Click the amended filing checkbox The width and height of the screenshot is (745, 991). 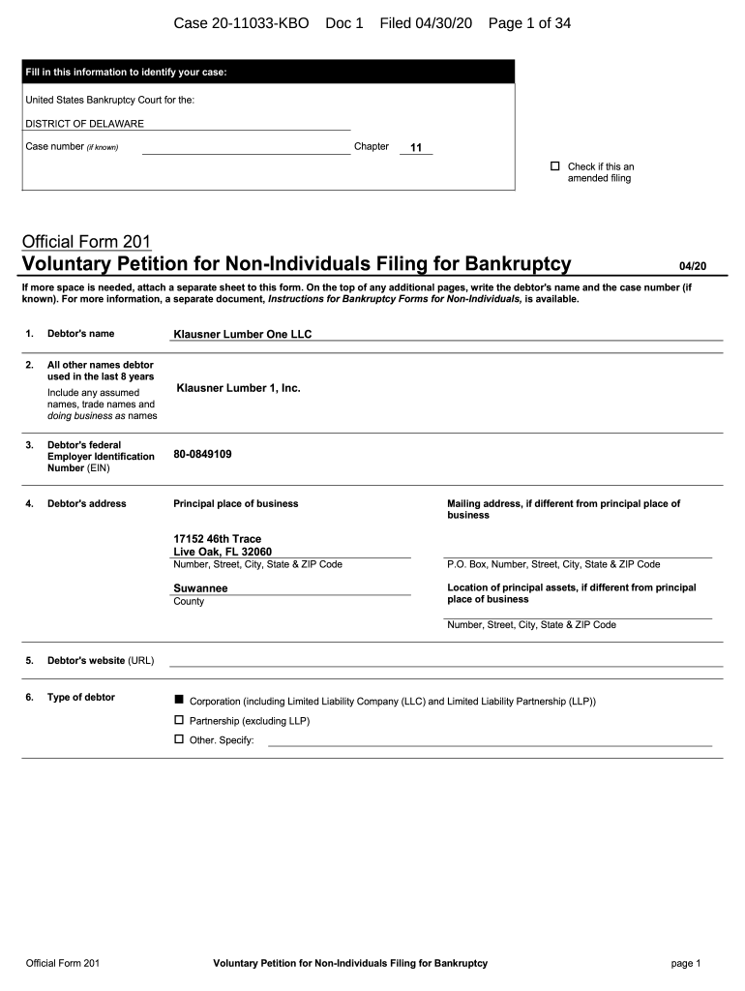555,166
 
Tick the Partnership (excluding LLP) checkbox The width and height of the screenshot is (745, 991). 178,720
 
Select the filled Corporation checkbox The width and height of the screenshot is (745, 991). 178,700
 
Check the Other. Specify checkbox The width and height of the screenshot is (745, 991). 178,739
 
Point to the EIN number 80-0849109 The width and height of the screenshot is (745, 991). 202,454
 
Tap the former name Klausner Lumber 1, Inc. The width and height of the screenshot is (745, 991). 238,388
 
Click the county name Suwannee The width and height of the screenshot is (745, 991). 200,587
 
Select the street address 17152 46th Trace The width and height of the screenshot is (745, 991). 217,539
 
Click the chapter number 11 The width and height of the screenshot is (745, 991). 416,148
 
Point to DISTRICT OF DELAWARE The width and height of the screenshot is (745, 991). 84,124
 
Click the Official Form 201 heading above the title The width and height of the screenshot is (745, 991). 86,241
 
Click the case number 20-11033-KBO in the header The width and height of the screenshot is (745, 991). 241,22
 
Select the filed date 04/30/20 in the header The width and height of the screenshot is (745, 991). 440,22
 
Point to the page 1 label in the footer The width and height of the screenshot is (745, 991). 685,963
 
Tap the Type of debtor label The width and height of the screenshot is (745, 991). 81,697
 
